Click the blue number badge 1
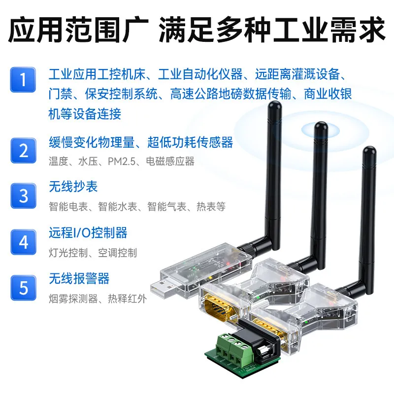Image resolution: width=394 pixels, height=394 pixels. pos(23,80)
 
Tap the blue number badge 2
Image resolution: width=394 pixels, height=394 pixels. pos(23,151)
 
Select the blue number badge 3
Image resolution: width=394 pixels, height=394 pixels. pos(23,196)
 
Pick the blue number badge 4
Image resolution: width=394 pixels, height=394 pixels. pos(23,242)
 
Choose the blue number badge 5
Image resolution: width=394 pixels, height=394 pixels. pos(23,288)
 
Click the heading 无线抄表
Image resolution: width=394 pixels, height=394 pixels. pos(73,187)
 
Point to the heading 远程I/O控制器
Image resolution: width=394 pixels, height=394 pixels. pos(88,232)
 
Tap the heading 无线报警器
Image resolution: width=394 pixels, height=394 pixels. pos(79,279)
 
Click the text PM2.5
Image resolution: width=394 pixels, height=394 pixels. pos(122,162)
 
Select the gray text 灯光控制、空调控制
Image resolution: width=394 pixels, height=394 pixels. pos(93,253)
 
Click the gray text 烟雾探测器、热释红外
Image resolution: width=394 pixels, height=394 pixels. pos(98,299)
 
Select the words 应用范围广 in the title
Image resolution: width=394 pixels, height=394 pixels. pos(78,30)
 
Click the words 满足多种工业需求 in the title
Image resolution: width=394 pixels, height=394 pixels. pos(272,30)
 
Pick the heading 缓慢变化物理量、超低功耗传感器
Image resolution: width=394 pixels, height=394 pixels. pos(141,142)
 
